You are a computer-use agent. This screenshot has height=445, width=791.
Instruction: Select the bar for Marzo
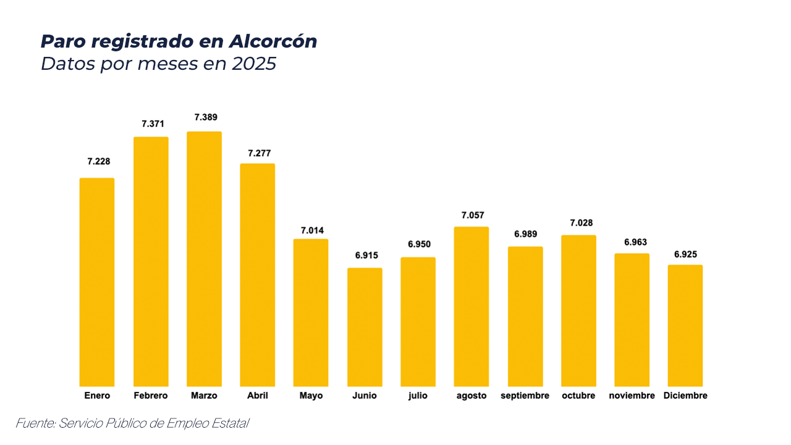click(x=204, y=260)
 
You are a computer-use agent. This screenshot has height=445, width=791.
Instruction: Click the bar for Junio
click(x=365, y=328)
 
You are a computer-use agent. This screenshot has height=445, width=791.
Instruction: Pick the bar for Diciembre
click(x=685, y=326)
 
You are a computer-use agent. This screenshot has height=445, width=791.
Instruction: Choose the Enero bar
click(x=97, y=282)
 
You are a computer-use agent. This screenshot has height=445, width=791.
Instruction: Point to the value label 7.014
click(x=312, y=231)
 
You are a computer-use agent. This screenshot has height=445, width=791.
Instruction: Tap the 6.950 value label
click(x=418, y=245)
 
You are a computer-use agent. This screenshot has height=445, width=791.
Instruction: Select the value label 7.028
click(x=578, y=223)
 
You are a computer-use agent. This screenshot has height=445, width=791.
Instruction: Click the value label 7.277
click(x=259, y=153)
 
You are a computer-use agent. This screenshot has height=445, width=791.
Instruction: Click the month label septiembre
click(x=525, y=396)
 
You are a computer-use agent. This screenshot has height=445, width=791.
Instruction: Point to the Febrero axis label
click(x=151, y=396)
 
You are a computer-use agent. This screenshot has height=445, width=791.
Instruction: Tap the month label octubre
click(x=578, y=396)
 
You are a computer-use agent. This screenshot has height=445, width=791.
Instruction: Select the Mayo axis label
click(x=311, y=396)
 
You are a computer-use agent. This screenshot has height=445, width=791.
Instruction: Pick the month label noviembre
click(x=632, y=396)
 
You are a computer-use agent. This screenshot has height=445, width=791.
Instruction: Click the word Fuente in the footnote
click(x=34, y=423)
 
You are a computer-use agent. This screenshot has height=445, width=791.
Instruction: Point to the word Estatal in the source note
click(x=230, y=423)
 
